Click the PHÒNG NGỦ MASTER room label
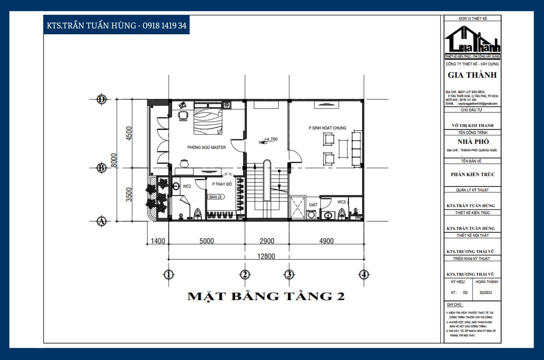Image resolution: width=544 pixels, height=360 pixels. point(207,147)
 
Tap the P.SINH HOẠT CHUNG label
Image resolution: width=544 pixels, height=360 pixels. point(327,128)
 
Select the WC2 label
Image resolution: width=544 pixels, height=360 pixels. point(187,186)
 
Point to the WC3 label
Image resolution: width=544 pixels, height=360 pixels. point(341,202)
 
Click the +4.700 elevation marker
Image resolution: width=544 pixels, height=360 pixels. point(271,139)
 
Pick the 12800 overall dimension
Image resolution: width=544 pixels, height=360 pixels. point(266,256)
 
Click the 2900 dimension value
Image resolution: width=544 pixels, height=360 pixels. point(267,241)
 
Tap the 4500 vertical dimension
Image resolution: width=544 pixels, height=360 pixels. point(129,133)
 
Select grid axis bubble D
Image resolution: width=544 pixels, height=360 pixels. point(101,99)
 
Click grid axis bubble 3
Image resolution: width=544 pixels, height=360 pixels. point(289,275)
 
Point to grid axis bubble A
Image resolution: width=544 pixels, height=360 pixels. point(101,221)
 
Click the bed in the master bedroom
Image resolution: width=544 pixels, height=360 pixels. point(207,121)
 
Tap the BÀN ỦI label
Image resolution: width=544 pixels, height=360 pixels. point(216,197)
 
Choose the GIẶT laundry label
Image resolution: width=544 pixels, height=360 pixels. point(313,205)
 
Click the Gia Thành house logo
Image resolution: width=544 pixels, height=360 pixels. point(472,43)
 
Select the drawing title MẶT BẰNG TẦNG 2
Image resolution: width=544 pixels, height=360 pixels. point(266,296)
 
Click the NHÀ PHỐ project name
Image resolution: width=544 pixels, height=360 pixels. point(473,142)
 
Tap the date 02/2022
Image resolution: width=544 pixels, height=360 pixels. point(486,292)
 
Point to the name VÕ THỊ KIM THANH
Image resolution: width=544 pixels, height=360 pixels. point(472,125)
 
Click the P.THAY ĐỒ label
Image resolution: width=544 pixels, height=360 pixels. point(222,184)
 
